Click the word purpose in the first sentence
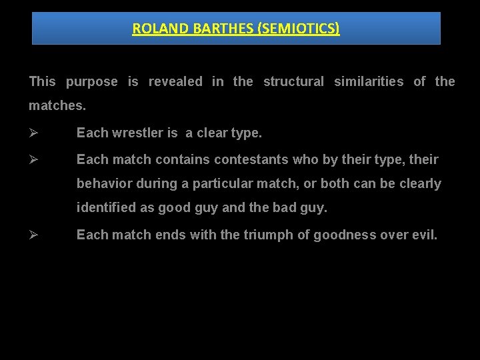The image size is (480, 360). tap(92, 82)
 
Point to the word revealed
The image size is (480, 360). tap(175, 82)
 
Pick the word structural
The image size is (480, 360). tap(293, 82)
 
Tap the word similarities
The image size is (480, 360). tap(369, 82)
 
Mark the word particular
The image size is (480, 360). tap(219, 184)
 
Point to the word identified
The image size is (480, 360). tap(106, 208)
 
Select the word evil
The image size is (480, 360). tap(425, 235)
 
